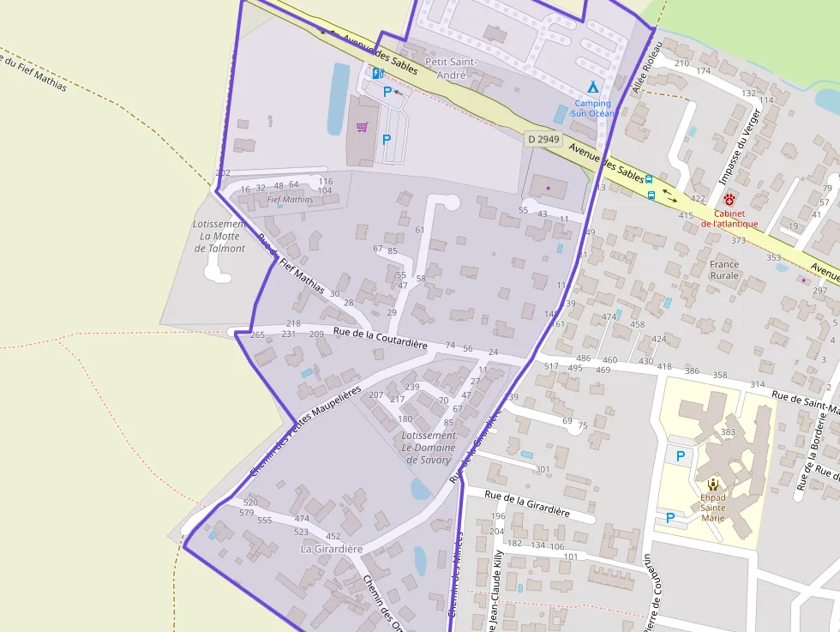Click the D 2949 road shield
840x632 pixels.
[x=543, y=139]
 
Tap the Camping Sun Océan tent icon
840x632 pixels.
[x=592, y=87]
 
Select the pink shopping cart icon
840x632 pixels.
[x=362, y=128]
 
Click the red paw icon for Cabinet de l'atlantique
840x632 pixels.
[x=729, y=199]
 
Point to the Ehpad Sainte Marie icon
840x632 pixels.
[x=713, y=484]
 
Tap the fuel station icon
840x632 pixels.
[x=377, y=73]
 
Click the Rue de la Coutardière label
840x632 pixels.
[x=380, y=337]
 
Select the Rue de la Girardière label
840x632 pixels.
[x=527, y=502]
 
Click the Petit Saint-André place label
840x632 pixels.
[x=451, y=69]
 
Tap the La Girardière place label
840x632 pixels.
[x=332, y=549]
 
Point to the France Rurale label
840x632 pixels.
[x=724, y=270]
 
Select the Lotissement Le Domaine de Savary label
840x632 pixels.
[x=428, y=447]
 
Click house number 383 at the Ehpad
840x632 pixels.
[x=729, y=431]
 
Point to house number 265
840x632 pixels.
[x=258, y=334]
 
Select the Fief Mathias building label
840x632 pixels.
[x=290, y=200]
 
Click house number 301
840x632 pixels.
[x=543, y=469]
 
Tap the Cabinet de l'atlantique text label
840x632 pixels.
[x=729, y=218]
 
